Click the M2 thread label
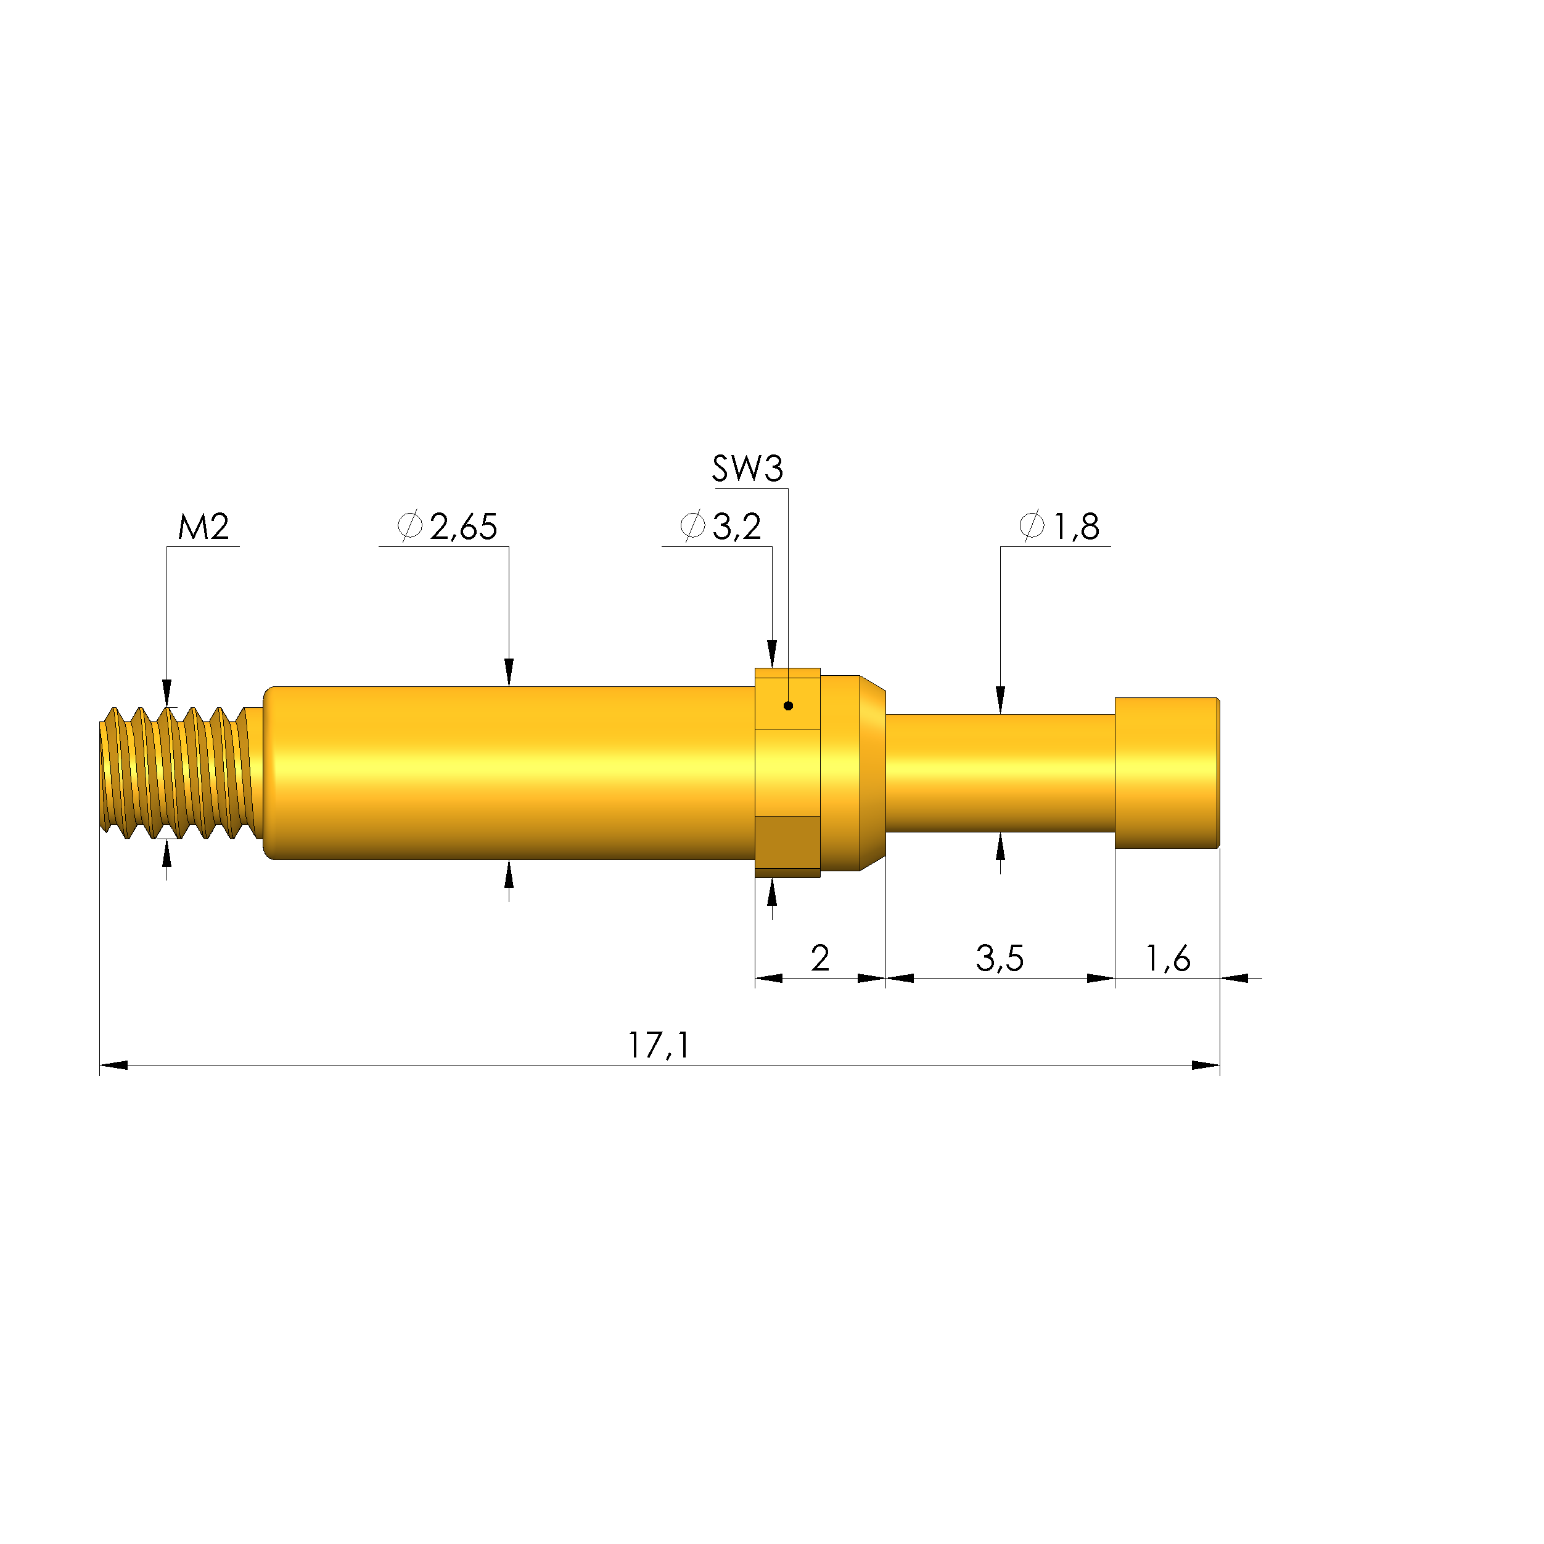coord(203,527)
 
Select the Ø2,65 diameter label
coord(448,527)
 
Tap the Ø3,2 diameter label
coord(720,527)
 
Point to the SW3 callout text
coord(747,469)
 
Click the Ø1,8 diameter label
coord(1060,527)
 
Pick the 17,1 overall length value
coord(658,1045)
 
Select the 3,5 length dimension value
coord(999,958)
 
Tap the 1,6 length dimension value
coord(1168,958)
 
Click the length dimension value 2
coord(820,958)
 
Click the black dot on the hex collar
coord(788,705)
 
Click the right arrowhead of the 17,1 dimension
coord(1205,1066)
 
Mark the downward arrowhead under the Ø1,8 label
coord(1000,699)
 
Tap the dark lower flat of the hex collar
coord(787,842)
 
